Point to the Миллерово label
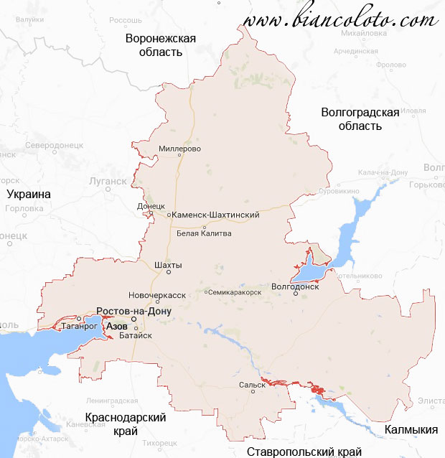(179, 149)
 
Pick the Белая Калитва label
(204, 233)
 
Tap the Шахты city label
(169, 266)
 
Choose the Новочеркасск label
(156, 295)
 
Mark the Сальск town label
(252, 385)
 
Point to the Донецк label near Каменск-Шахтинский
(151, 207)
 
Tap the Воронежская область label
(160, 45)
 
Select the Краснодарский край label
(126, 424)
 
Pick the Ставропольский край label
(304, 452)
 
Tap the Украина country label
(28, 195)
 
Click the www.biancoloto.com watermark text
(340, 21)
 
